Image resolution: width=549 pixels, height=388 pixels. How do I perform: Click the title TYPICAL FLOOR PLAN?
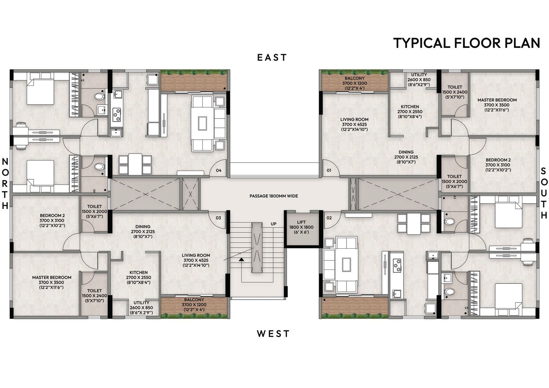click(x=467, y=43)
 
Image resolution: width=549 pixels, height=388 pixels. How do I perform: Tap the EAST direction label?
click(x=272, y=58)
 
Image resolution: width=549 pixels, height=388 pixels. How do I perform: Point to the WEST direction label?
click(x=273, y=334)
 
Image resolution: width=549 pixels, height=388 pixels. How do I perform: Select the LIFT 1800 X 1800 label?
click(x=301, y=227)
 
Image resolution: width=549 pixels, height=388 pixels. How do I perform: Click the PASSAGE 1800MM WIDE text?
click(x=274, y=196)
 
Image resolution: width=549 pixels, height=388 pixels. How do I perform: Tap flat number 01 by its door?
click(x=329, y=170)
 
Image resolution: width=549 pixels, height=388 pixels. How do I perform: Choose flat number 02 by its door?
click(x=329, y=218)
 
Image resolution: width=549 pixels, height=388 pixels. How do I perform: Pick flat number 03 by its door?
click(x=218, y=218)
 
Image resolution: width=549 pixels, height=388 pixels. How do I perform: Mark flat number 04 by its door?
click(x=219, y=170)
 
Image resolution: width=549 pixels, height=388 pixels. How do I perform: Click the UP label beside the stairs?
click(x=274, y=224)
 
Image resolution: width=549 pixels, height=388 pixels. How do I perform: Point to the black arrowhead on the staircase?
click(x=242, y=259)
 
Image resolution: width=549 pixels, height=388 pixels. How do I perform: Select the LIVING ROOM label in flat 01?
click(x=355, y=124)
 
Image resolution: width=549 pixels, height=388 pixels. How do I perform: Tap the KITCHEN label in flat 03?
click(x=139, y=278)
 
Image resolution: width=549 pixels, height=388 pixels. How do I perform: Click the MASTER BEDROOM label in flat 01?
click(x=497, y=105)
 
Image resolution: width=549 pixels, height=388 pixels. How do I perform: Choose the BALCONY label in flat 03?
click(x=194, y=305)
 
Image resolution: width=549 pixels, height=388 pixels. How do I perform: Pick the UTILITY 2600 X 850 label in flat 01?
click(x=419, y=80)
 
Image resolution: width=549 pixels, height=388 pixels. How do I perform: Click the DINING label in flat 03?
click(x=143, y=232)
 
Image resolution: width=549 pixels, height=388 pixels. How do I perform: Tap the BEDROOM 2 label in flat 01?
click(x=498, y=165)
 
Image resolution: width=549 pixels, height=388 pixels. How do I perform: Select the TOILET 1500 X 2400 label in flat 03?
click(x=94, y=296)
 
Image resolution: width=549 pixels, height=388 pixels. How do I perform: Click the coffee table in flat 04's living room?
click(x=202, y=123)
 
